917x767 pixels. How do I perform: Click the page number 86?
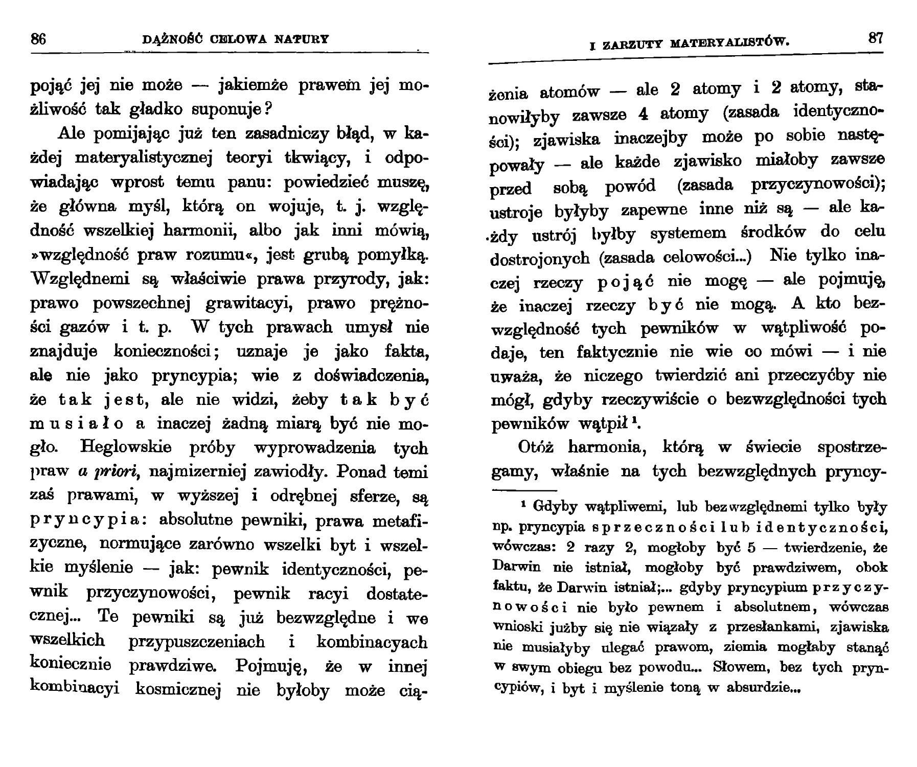click(x=38, y=39)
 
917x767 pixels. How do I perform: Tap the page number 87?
click(x=875, y=39)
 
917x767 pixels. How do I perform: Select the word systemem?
click(x=687, y=233)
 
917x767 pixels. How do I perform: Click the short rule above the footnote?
click(x=520, y=490)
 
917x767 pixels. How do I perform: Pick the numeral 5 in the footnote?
click(x=751, y=548)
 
